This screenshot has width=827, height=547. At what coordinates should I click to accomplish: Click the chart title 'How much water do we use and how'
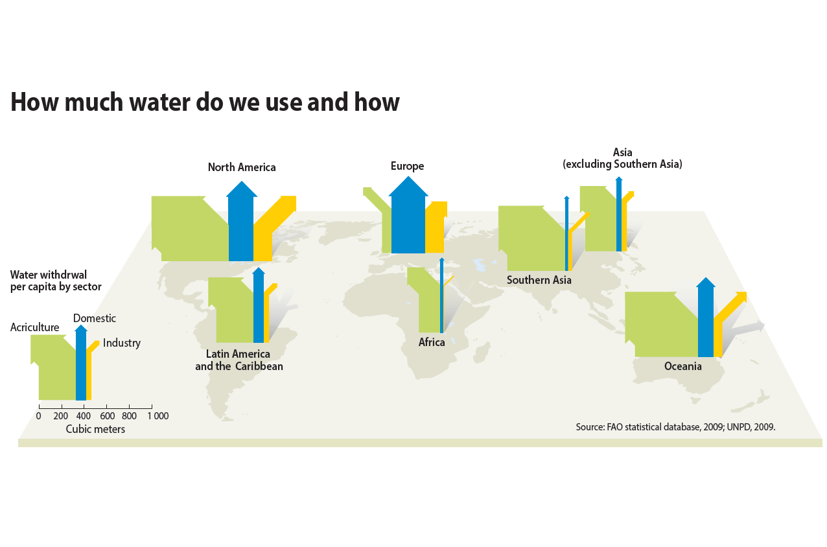point(205,102)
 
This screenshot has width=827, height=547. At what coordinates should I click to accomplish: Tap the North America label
point(242,167)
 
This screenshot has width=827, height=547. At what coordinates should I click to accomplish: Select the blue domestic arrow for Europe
point(408,220)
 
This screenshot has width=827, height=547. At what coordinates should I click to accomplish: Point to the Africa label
point(432,342)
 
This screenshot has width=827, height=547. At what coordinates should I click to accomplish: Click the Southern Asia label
point(539,280)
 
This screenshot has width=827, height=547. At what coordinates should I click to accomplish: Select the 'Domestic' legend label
point(95,318)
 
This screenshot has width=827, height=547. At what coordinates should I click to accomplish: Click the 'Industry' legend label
point(122,343)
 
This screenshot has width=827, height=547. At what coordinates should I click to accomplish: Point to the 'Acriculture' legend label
point(35,327)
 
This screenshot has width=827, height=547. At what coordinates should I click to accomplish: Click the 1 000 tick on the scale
point(157,416)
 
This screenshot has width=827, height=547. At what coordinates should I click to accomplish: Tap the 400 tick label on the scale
point(84,416)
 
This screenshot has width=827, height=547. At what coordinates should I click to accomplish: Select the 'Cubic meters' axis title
point(95,429)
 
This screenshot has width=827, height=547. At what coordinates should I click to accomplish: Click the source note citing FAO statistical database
point(675,427)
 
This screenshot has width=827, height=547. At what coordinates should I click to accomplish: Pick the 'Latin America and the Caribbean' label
point(239,360)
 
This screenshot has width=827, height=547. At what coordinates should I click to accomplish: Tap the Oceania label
point(683,366)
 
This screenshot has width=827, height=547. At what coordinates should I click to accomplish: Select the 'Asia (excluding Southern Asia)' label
point(622,159)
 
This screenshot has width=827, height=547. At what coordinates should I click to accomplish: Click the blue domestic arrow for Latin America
point(259,308)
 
